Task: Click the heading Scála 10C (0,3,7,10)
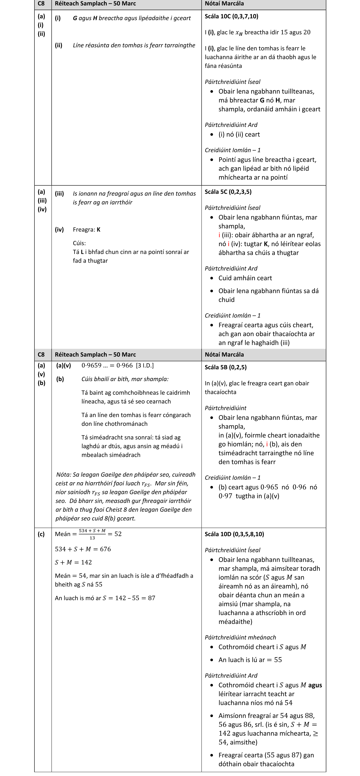[x=231, y=16]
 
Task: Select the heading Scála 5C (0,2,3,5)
[x=228, y=192]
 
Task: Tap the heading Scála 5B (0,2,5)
[x=226, y=367]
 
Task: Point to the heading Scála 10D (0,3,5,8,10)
[x=234, y=534]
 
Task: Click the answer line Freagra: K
[x=87, y=230]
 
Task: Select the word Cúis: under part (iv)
[x=79, y=243]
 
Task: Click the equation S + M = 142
[x=73, y=562]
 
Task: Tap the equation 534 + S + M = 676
[x=83, y=549]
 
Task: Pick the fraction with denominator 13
[x=92, y=534]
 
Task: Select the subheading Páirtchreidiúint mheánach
[x=240, y=637]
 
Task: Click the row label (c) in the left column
[x=41, y=534]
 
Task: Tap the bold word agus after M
[x=315, y=685]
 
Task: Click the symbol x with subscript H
[x=239, y=33]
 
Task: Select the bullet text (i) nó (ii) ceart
[x=239, y=134]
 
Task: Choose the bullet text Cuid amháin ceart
[x=245, y=278]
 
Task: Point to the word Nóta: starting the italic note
[x=64, y=475]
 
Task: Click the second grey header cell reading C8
[x=41, y=355]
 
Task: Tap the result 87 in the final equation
[x=151, y=598]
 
